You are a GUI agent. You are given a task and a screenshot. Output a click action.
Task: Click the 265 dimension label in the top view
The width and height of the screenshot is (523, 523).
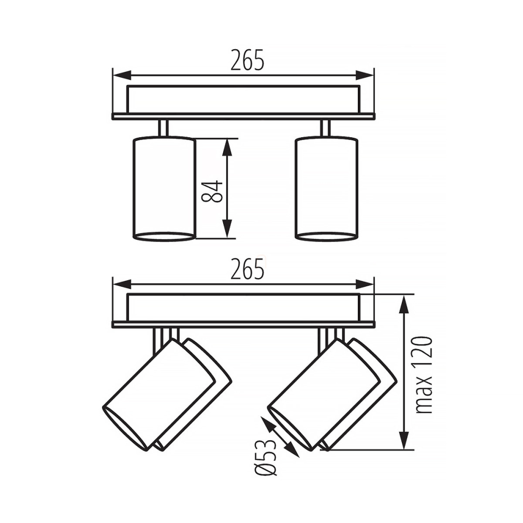[x=247, y=60]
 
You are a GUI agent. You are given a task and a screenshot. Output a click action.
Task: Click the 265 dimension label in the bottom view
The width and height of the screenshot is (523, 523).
[x=247, y=269]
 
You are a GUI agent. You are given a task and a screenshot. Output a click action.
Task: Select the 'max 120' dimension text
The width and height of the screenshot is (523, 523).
[x=424, y=375]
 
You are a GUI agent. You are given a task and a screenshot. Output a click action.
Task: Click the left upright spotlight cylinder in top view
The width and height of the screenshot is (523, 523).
[x=164, y=188]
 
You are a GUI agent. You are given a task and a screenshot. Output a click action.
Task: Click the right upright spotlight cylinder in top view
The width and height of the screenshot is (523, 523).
[x=327, y=188]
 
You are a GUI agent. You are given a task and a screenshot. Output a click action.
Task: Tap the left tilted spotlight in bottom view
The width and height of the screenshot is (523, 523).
[x=167, y=395]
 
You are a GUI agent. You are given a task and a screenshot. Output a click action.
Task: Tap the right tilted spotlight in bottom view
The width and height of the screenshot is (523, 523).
[x=332, y=395]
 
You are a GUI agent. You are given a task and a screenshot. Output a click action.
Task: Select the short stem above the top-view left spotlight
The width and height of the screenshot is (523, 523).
[x=163, y=128]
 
